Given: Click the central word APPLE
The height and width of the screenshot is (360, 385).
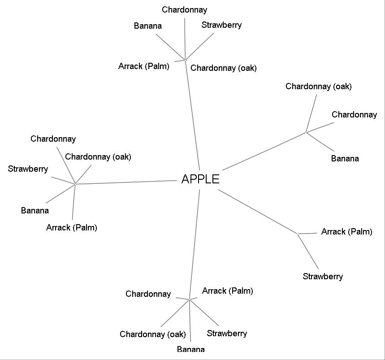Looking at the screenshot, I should pyautogui.click(x=200, y=179).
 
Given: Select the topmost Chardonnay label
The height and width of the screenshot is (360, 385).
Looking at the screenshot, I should pyautogui.click(x=185, y=10).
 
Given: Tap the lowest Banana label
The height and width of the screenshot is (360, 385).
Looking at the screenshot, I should pyautogui.click(x=190, y=349).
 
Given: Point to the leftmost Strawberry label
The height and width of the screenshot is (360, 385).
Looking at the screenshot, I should pyautogui.click(x=28, y=169).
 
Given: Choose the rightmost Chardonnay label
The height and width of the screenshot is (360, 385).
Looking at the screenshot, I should pyautogui.click(x=354, y=115).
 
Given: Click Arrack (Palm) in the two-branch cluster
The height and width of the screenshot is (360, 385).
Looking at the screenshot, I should pyautogui.click(x=346, y=232).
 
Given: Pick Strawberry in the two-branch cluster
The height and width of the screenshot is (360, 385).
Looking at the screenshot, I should pyautogui.click(x=323, y=276).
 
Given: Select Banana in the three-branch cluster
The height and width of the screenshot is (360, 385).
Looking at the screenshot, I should pyautogui.click(x=345, y=158).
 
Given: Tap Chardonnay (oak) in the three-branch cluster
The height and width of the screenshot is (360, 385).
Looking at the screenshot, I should pyautogui.click(x=318, y=87).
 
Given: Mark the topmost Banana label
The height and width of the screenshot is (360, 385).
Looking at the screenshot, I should pyautogui.click(x=147, y=26).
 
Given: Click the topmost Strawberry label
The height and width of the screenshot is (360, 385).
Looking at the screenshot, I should pyautogui.click(x=221, y=25).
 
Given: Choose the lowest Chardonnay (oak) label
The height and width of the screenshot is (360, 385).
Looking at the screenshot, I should pyautogui.click(x=152, y=334).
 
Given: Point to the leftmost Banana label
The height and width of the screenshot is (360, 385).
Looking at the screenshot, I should pyautogui.click(x=35, y=210).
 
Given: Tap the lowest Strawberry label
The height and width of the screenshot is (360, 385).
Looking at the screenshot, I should pyautogui.click(x=227, y=333).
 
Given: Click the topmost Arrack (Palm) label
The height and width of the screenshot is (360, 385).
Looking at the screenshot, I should pyautogui.click(x=144, y=66).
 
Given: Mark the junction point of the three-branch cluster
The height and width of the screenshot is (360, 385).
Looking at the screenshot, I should pyautogui.click(x=306, y=132).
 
